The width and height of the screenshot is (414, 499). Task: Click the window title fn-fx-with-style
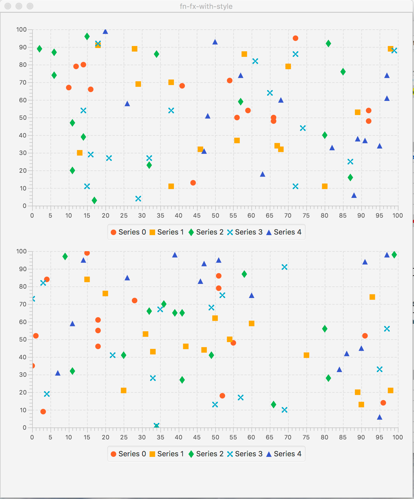[206, 6]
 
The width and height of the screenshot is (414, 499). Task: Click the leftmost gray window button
[8, 6]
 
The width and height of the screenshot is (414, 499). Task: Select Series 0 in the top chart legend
[128, 232]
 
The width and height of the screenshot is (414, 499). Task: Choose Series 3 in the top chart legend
[245, 232]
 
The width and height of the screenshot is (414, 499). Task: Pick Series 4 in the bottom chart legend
[284, 454]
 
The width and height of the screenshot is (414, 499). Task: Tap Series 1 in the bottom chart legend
[167, 454]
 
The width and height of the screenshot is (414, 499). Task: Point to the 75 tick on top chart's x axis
[306, 215]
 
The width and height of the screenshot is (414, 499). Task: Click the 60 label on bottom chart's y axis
[23, 322]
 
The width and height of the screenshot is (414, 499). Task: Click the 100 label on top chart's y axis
[21, 29]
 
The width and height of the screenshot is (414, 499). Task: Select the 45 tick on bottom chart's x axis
[197, 437]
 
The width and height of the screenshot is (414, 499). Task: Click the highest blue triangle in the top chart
[105, 31]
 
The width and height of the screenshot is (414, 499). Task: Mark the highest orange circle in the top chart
[296, 38]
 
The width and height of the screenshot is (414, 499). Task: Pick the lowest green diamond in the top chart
[94, 200]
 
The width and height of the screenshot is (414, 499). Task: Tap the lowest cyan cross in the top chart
[138, 198]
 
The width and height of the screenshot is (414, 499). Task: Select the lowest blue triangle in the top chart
[354, 195]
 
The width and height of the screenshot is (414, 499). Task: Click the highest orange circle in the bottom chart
[87, 253]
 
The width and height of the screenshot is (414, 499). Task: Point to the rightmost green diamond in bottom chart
[394, 255]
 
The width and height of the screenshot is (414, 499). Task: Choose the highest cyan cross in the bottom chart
[284, 267]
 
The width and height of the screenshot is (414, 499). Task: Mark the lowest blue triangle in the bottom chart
[380, 417]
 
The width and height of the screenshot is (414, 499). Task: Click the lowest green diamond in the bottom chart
[273, 404]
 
